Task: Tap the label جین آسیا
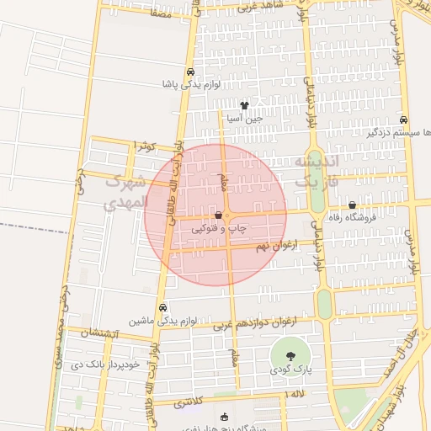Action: coord(244,119)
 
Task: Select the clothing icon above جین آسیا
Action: coord(244,106)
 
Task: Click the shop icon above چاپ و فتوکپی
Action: coord(219,215)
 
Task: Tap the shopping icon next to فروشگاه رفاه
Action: coord(352,205)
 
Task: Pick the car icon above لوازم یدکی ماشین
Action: coord(162,307)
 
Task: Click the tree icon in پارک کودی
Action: coord(290,354)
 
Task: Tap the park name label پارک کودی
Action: coord(290,370)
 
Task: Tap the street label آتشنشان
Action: coord(104,334)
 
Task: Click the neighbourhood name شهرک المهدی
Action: coord(125,193)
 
